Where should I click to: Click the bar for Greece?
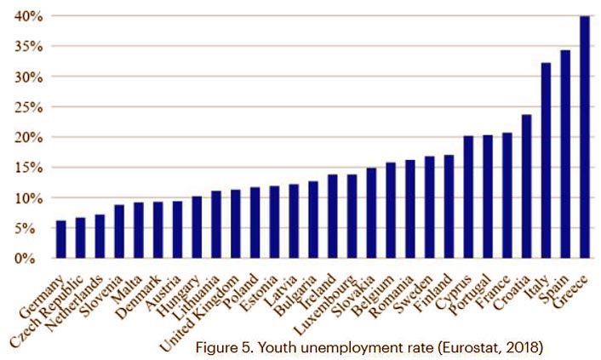pos(585,137)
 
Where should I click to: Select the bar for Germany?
pos(60,239)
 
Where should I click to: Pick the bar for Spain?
pos(565,154)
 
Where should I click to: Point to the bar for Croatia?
pos(526,186)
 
